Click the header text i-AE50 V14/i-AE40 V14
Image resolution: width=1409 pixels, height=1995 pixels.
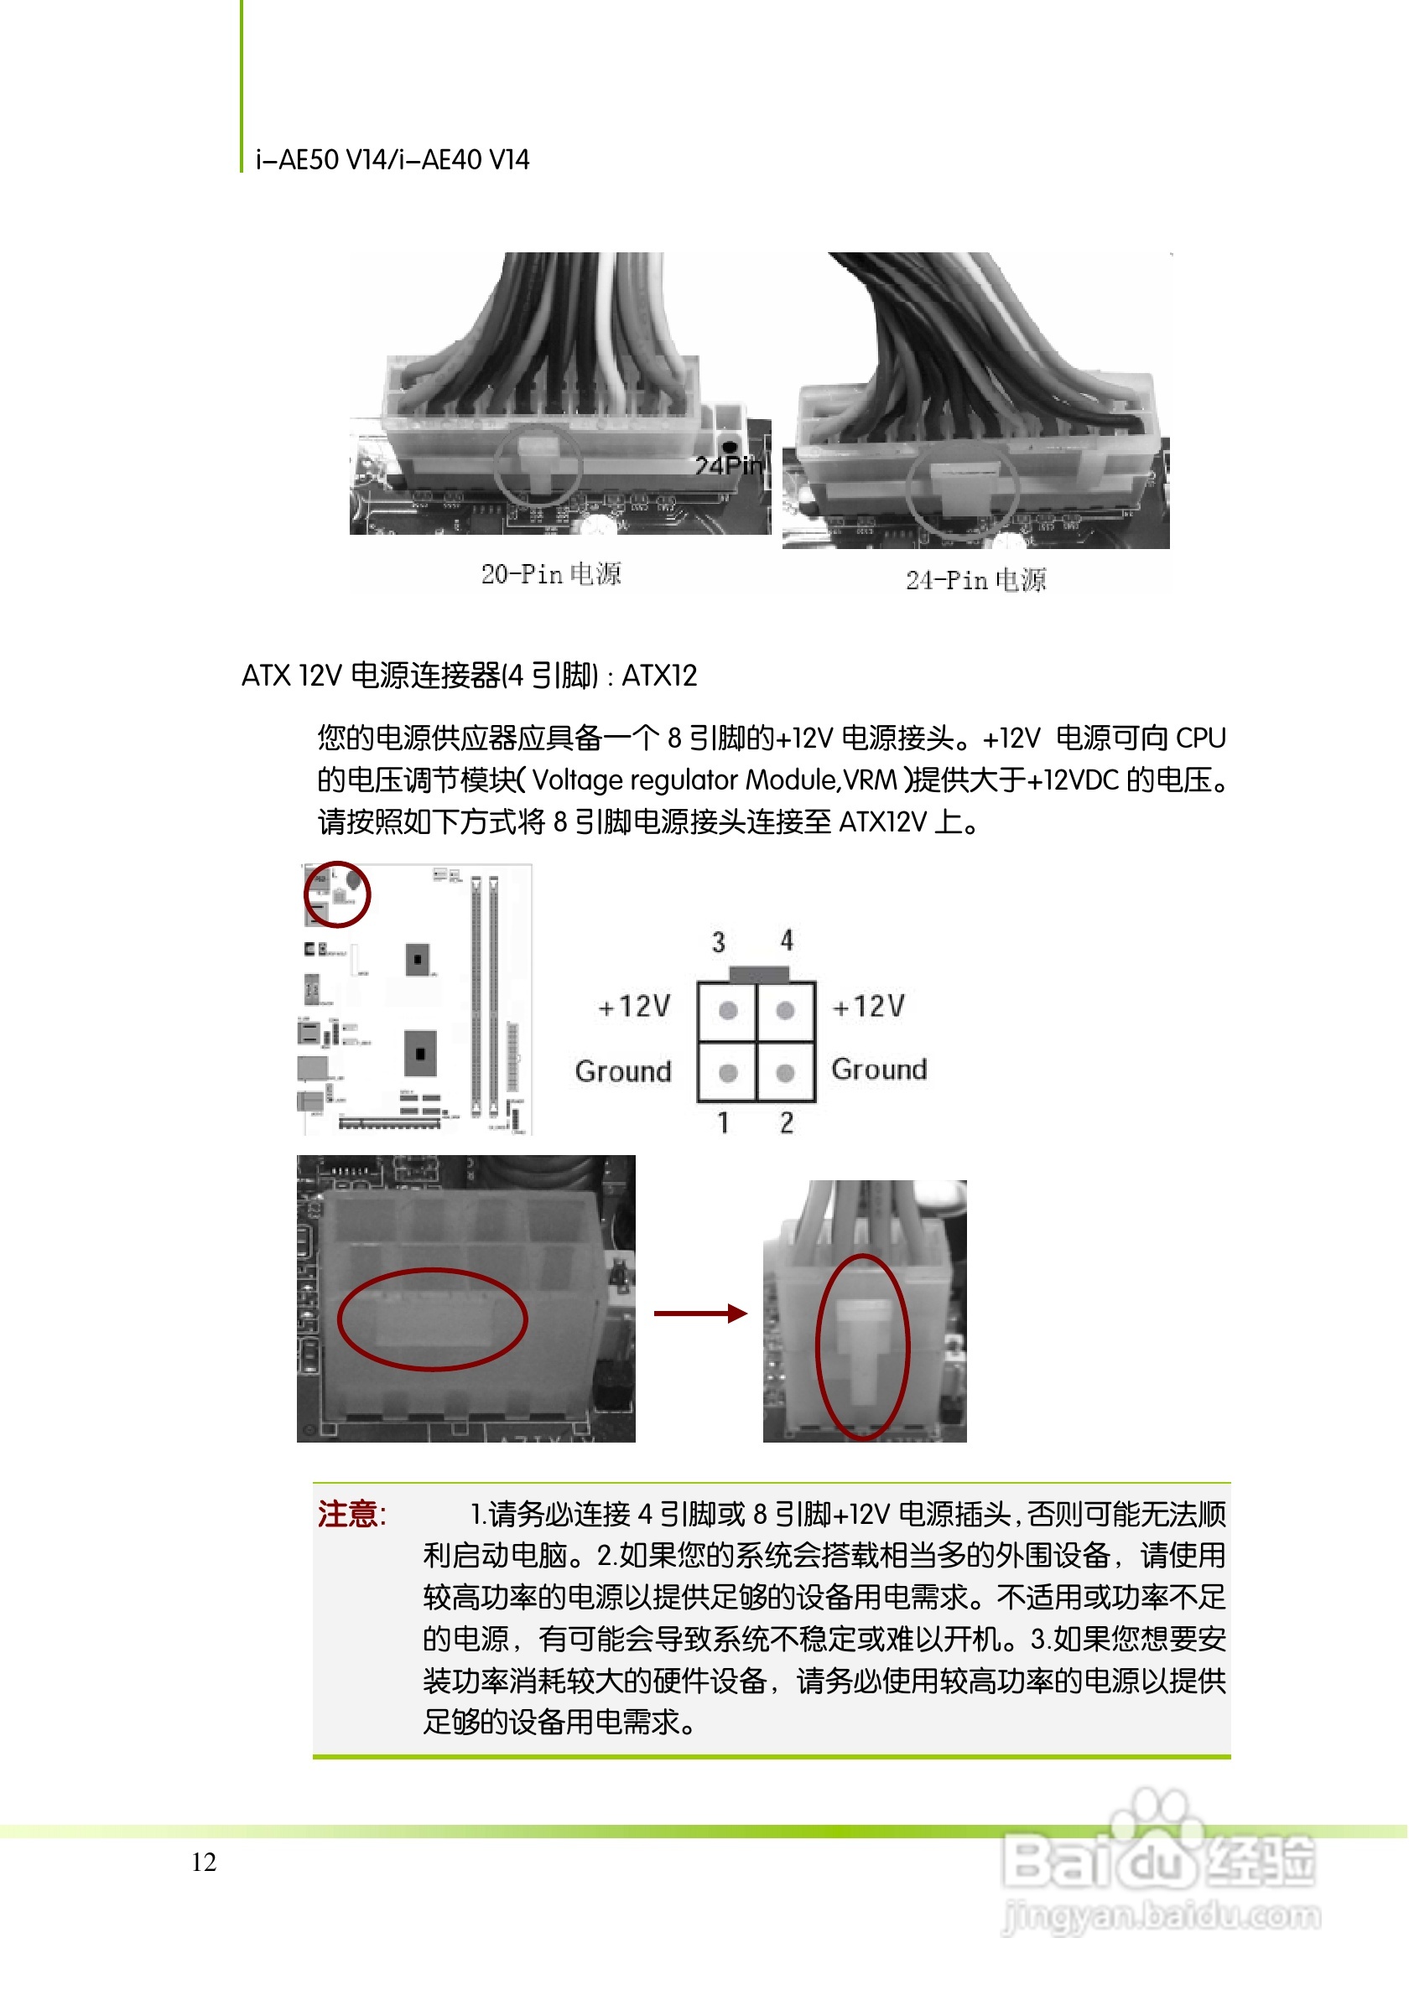tap(392, 160)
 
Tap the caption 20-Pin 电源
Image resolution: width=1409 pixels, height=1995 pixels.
tap(551, 573)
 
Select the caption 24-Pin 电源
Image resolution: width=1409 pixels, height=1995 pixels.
tap(975, 579)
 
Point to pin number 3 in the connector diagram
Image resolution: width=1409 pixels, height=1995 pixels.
tap(718, 942)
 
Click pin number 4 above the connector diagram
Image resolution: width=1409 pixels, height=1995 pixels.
tap(786, 940)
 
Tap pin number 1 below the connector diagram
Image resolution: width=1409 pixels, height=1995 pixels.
tap(723, 1122)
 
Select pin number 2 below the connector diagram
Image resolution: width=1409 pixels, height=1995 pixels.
tap(786, 1122)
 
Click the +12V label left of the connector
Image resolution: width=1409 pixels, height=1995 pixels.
tap(635, 1006)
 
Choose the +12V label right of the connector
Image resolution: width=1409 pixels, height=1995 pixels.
tap(868, 1006)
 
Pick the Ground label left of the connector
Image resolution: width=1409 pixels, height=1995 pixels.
tap(623, 1071)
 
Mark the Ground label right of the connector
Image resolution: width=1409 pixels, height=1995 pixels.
tap(879, 1069)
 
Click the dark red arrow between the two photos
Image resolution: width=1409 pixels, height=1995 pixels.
tap(699, 1313)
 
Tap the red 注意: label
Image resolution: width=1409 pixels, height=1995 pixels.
tap(351, 1515)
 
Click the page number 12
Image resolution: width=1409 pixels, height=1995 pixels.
tap(204, 1862)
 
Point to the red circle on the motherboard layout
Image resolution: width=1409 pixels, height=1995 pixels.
tap(337, 894)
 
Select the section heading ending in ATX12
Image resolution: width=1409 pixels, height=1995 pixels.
tap(470, 675)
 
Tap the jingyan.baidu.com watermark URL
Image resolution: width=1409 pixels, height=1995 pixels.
tap(1161, 1915)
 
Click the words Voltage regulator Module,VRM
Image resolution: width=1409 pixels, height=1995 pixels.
tap(714, 780)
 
